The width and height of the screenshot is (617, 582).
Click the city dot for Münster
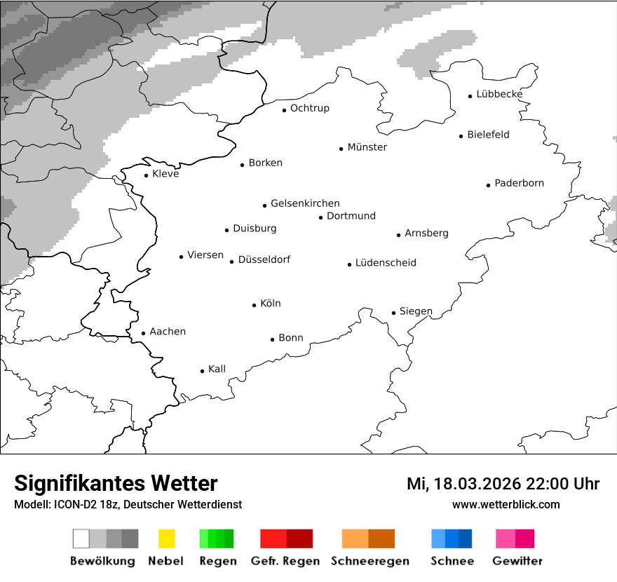(341, 149)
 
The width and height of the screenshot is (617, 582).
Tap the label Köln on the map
(270, 304)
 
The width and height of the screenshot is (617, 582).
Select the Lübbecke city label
(499, 94)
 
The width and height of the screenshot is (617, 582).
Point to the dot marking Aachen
(143, 334)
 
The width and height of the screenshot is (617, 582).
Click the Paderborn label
(519, 183)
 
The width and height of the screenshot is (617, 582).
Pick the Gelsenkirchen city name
(305, 203)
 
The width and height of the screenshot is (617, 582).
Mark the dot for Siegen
(394, 313)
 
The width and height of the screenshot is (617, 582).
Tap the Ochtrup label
(309, 108)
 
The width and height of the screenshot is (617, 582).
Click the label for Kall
(217, 369)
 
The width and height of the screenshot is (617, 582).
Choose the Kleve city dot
(147, 175)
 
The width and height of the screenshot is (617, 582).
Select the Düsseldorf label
(264, 259)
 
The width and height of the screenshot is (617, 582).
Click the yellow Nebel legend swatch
(166, 539)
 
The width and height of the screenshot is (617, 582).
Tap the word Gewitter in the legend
(517, 561)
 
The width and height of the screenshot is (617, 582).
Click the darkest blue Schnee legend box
(466, 539)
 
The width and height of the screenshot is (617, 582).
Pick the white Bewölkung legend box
(81, 539)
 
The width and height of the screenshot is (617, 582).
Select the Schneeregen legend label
(369, 561)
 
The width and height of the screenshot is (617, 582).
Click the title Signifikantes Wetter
(116, 483)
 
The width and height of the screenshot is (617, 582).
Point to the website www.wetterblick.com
(506, 505)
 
